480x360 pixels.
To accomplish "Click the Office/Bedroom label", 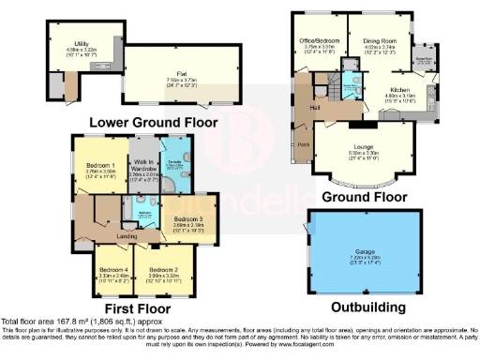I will point(316,39).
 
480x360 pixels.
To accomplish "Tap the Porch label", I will point(303,144).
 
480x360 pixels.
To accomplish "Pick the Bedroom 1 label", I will point(101,164).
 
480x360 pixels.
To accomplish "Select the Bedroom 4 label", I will point(114,270).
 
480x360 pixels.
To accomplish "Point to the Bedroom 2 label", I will point(164,270).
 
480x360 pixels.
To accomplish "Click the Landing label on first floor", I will point(124,235).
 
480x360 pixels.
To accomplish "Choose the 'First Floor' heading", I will point(137,307).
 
